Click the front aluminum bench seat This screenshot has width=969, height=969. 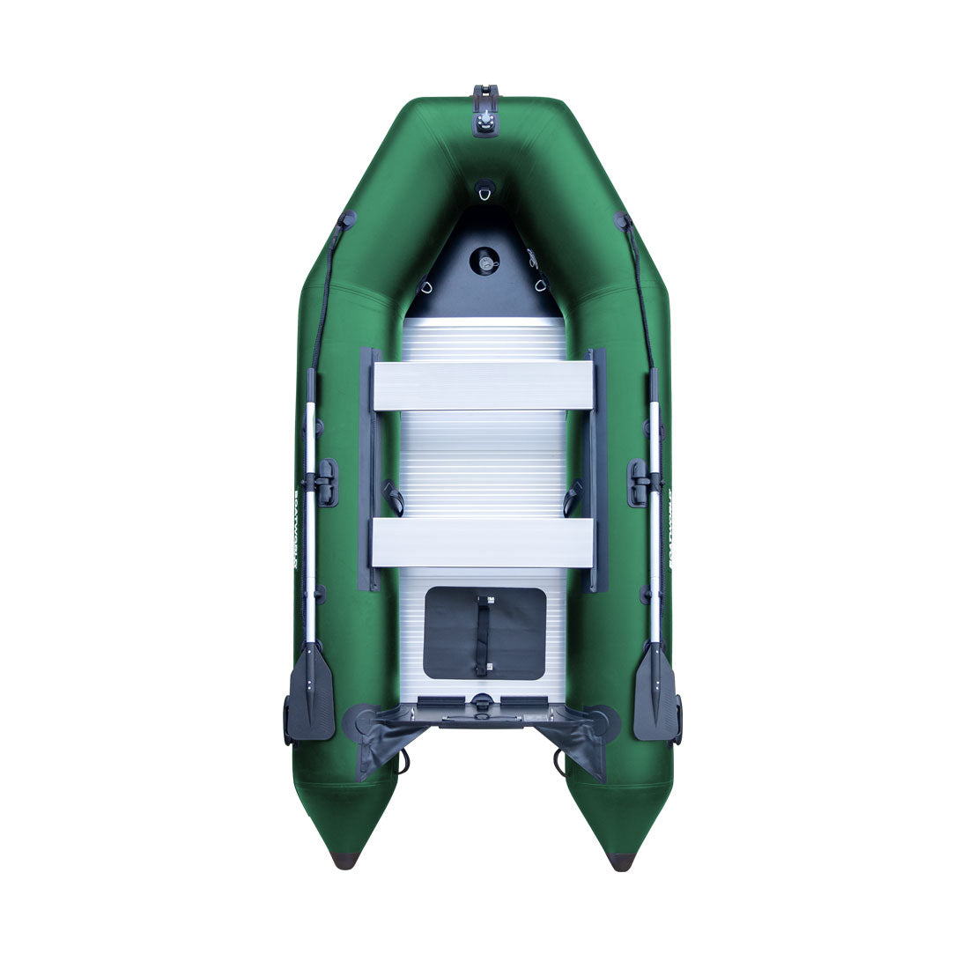coord(483,385)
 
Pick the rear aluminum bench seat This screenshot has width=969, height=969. coord(483,542)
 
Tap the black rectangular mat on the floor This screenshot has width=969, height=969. coord(484,632)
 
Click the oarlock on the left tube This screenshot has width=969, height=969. coord(322,481)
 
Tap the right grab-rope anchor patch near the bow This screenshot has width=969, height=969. coord(623,219)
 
